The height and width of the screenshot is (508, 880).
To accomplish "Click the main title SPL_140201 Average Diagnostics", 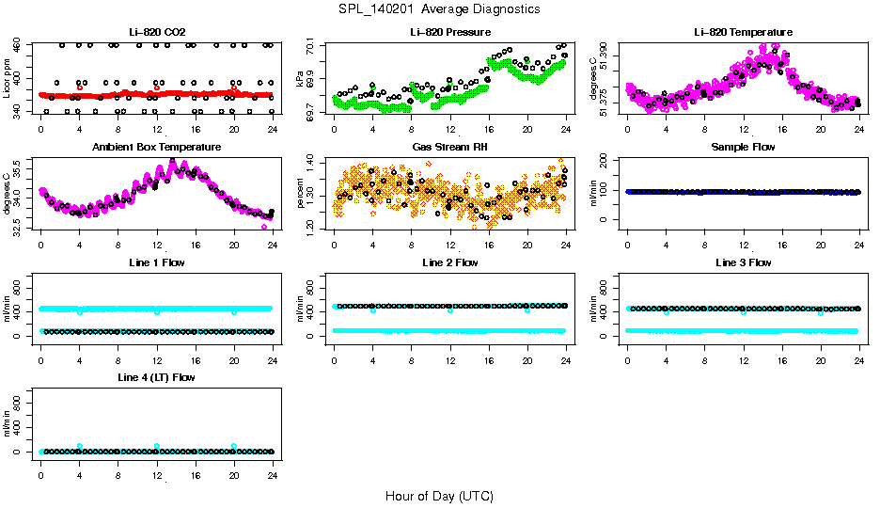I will coord(440,8).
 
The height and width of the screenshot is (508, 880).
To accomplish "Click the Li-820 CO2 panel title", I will coord(156,33).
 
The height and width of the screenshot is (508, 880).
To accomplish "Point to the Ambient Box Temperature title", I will coord(156,148).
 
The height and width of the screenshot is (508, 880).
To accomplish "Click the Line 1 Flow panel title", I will coord(156,262).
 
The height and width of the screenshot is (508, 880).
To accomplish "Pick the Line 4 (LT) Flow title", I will coord(156,377).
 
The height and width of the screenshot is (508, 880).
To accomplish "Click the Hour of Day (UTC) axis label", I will coord(439,496).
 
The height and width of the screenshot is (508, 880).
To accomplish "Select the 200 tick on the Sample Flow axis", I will coord(610,161).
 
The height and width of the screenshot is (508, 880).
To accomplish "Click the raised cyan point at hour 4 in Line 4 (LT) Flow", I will coord(80,446).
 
